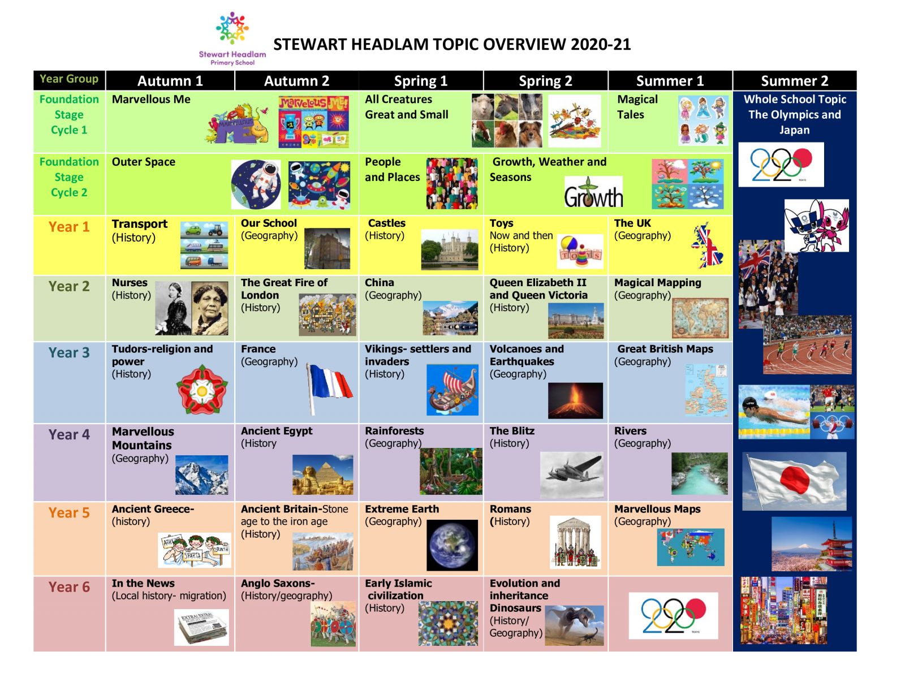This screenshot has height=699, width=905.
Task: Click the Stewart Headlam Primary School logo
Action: [x=232, y=38]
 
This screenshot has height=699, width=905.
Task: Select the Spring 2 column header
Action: [x=545, y=81]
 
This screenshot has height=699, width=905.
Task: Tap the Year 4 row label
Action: [x=69, y=434]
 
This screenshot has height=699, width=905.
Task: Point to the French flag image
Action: [x=329, y=388]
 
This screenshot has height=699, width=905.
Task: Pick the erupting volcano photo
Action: [x=575, y=400]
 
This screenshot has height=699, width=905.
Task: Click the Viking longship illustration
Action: [x=453, y=390]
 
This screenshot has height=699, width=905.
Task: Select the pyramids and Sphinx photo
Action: [x=323, y=474]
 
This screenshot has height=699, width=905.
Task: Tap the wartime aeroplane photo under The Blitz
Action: [x=571, y=474]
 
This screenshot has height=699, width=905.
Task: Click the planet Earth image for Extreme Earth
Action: [x=453, y=545]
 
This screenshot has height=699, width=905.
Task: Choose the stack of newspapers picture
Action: [x=201, y=627]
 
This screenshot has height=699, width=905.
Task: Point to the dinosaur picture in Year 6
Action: [x=574, y=625]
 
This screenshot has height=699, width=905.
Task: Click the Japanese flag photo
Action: [x=794, y=481]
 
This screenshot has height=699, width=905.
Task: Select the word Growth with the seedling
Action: [x=593, y=192]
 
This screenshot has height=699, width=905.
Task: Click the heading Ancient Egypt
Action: [x=277, y=430]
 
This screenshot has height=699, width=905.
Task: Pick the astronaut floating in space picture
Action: [x=256, y=184]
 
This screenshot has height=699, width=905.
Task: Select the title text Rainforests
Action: [x=394, y=430]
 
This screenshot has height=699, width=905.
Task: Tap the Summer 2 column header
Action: [x=795, y=81]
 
